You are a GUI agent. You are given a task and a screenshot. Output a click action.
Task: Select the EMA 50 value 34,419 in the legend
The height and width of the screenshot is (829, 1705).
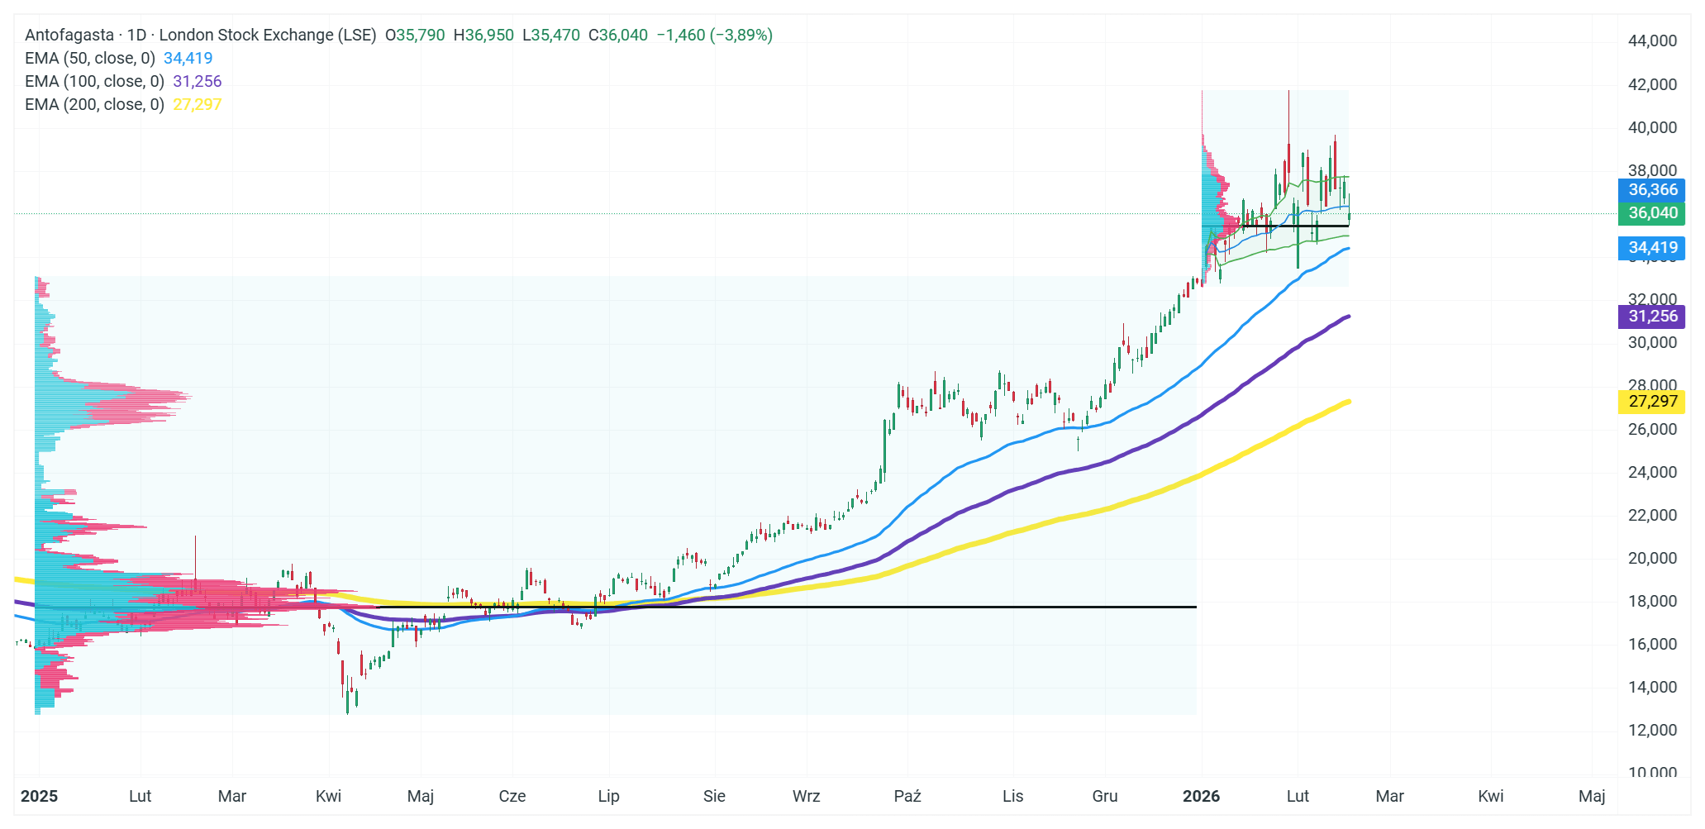pos(188,59)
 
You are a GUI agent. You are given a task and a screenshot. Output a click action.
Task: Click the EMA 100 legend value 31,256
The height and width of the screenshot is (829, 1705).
pos(197,82)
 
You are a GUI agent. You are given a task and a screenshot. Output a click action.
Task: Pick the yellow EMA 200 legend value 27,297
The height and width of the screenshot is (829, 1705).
pos(197,105)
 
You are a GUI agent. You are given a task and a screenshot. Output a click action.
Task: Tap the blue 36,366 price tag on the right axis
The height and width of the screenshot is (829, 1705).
pos(1652,190)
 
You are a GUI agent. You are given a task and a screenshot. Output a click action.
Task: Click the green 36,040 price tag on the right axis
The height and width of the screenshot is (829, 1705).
pos(1652,213)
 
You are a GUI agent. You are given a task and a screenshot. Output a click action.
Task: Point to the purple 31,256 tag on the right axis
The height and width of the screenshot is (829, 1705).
pos(1652,317)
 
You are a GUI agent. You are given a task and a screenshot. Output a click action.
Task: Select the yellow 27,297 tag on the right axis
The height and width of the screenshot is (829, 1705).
pos(1652,402)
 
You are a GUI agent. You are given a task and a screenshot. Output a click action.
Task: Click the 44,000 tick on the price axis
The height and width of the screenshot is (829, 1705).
pos(1652,41)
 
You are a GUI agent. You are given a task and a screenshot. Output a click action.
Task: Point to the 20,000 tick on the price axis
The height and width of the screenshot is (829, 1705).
pos(1652,559)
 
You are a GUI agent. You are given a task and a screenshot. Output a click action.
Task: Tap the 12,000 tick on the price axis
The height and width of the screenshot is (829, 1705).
pos(1652,731)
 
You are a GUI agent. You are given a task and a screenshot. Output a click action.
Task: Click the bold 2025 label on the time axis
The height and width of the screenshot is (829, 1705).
pos(39,797)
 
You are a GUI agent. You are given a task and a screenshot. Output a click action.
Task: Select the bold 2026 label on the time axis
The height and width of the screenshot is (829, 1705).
pos(1201,797)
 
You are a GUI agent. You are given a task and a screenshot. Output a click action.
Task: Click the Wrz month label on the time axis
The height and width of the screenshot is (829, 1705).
pos(806,797)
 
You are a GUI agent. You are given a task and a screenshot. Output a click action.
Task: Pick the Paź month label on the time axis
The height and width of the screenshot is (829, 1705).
pos(907,797)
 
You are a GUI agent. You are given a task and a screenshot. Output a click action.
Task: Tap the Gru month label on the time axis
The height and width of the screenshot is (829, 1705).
pos(1104,797)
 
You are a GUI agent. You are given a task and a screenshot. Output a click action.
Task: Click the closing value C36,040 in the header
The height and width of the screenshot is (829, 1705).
pos(617,36)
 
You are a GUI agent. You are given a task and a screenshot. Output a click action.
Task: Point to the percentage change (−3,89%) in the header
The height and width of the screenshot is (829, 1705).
pos(741,36)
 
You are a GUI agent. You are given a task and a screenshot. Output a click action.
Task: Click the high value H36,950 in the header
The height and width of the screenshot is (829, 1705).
pos(483,36)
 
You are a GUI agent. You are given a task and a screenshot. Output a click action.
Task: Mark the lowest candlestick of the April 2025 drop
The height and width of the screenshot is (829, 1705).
pos(347,701)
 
